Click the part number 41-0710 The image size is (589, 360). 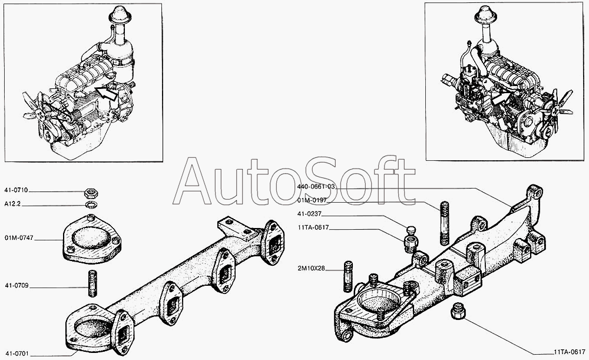(16, 190)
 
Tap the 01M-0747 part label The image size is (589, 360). (19, 238)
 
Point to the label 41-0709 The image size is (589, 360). (16, 286)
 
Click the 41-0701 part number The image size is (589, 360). (16, 354)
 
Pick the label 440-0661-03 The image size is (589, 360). (316, 186)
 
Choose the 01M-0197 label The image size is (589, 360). (312, 200)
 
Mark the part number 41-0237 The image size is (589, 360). (309, 214)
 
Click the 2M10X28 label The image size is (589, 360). (311, 269)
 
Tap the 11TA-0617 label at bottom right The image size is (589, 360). (570, 352)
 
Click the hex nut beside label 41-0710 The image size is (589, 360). (91, 193)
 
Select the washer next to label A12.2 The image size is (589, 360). (91, 205)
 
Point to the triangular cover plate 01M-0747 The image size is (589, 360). (92, 239)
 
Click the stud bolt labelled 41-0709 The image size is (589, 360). (92, 283)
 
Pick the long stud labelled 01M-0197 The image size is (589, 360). (444, 223)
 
